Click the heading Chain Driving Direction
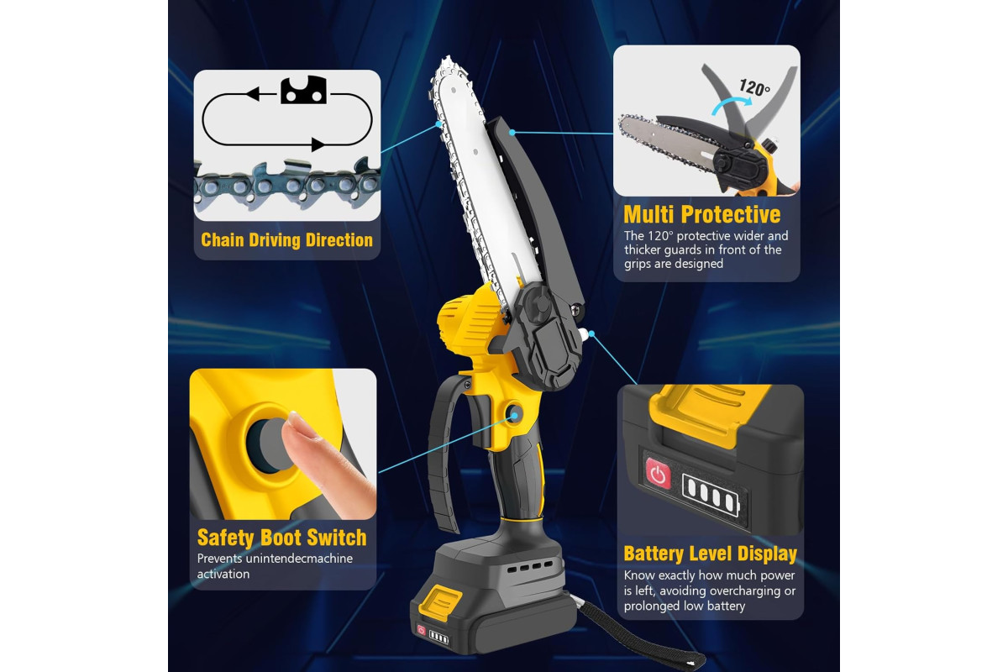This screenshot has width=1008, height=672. tap(286, 240)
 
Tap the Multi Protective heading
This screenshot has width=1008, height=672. tap(702, 214)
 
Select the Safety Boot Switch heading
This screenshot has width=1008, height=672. tap(282, 538)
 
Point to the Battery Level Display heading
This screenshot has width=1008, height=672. tap(710, 554)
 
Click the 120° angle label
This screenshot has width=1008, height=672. tap(754, 87)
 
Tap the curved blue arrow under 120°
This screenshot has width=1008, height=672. tap(730, 107)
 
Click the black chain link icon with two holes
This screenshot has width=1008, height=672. tap(303, 90)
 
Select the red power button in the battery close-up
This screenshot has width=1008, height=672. tap(658, 473)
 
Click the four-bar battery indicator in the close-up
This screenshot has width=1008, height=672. tap(711, 494)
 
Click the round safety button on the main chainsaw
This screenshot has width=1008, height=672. tap(514, 413)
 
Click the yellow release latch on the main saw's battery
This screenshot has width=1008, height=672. tap(440, 602)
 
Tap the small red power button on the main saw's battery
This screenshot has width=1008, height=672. tap(421, 630)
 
